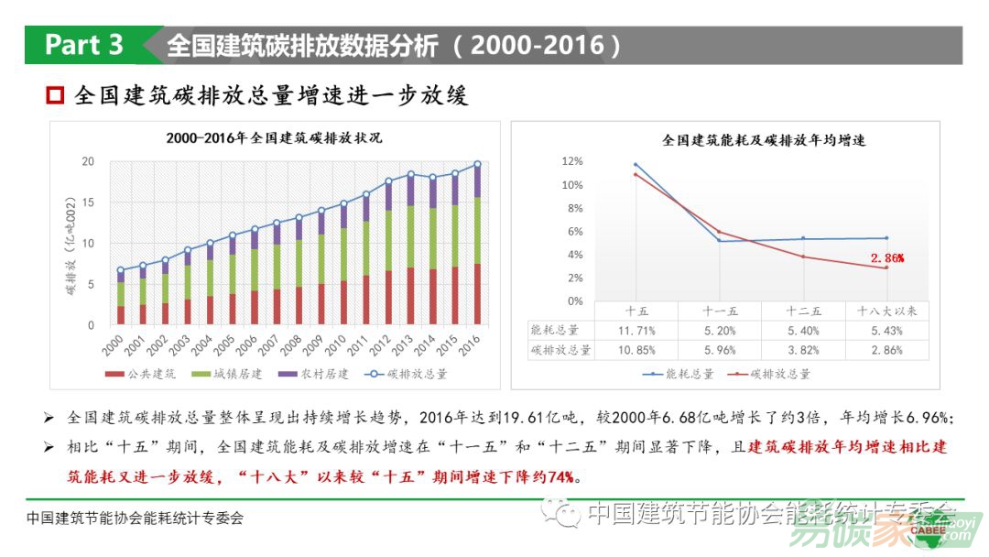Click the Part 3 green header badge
(84, 45)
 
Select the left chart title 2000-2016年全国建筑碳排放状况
(274, 138)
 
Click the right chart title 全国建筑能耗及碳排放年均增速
(764, 141)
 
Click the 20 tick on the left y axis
(88, 162)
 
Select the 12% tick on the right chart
(571, 161)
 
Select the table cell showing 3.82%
(803, 350)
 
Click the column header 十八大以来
(886, 311)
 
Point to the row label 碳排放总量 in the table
(560, 350)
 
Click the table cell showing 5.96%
(719, 350)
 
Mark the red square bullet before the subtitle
(56, 95)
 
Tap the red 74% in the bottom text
(561, 476)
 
